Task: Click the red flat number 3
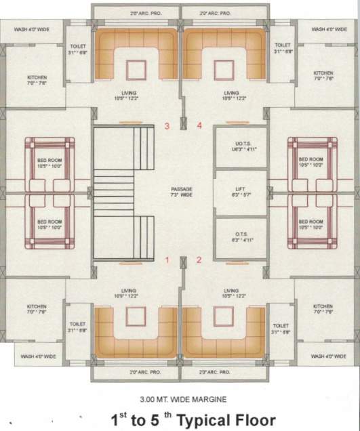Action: tap(167, 125)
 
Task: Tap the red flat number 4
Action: tap(199, 125)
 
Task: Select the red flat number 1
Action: tap(167, 260)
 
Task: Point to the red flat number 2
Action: tap(199, 260)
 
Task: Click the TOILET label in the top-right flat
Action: tap(282, 47)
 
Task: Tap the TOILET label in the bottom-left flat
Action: tap(77, 328)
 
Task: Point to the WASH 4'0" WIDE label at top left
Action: tap(33, 30)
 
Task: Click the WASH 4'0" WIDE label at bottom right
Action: tap(327, 355)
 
